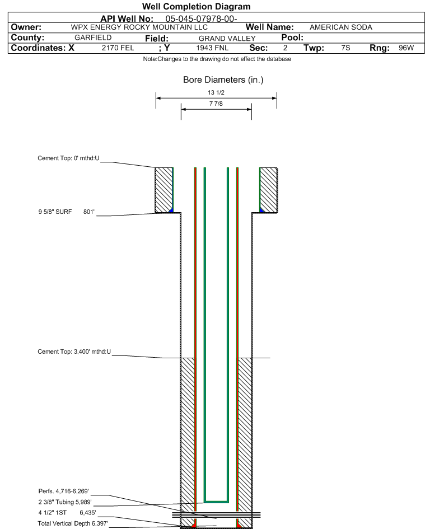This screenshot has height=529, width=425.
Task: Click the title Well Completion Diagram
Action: click(196, 7)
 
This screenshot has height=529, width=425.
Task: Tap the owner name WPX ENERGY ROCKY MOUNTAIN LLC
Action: click(139, 27)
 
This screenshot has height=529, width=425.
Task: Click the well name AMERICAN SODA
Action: click(340, 27)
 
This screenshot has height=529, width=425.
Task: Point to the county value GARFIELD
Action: click(93, 38)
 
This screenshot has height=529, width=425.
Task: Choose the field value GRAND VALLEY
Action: click(227, 38)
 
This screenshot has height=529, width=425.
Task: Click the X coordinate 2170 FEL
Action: click(118, 48)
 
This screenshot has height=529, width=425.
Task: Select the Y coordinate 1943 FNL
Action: click(213, 48)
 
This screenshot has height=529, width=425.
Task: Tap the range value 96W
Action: click(406, 48)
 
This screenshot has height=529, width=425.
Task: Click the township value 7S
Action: click(345, 48)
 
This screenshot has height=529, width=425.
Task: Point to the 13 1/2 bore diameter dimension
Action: click(216, 92)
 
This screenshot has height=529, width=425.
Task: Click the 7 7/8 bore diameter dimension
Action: click(216, 104)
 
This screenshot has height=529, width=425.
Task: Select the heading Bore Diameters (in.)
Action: click(223, 80)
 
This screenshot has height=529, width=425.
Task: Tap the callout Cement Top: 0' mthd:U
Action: click(68, 158)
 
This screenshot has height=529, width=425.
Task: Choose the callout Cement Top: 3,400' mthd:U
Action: click(74, 352)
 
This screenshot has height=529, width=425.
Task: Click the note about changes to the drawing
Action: click(217, 59)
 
